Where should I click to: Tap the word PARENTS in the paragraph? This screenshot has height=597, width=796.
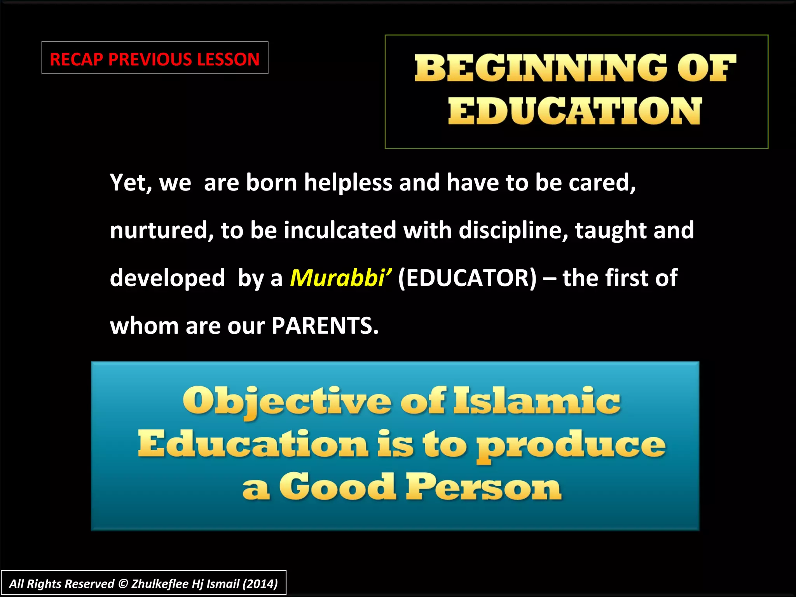click(325, 326)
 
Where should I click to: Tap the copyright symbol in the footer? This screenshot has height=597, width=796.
click(123, 584)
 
